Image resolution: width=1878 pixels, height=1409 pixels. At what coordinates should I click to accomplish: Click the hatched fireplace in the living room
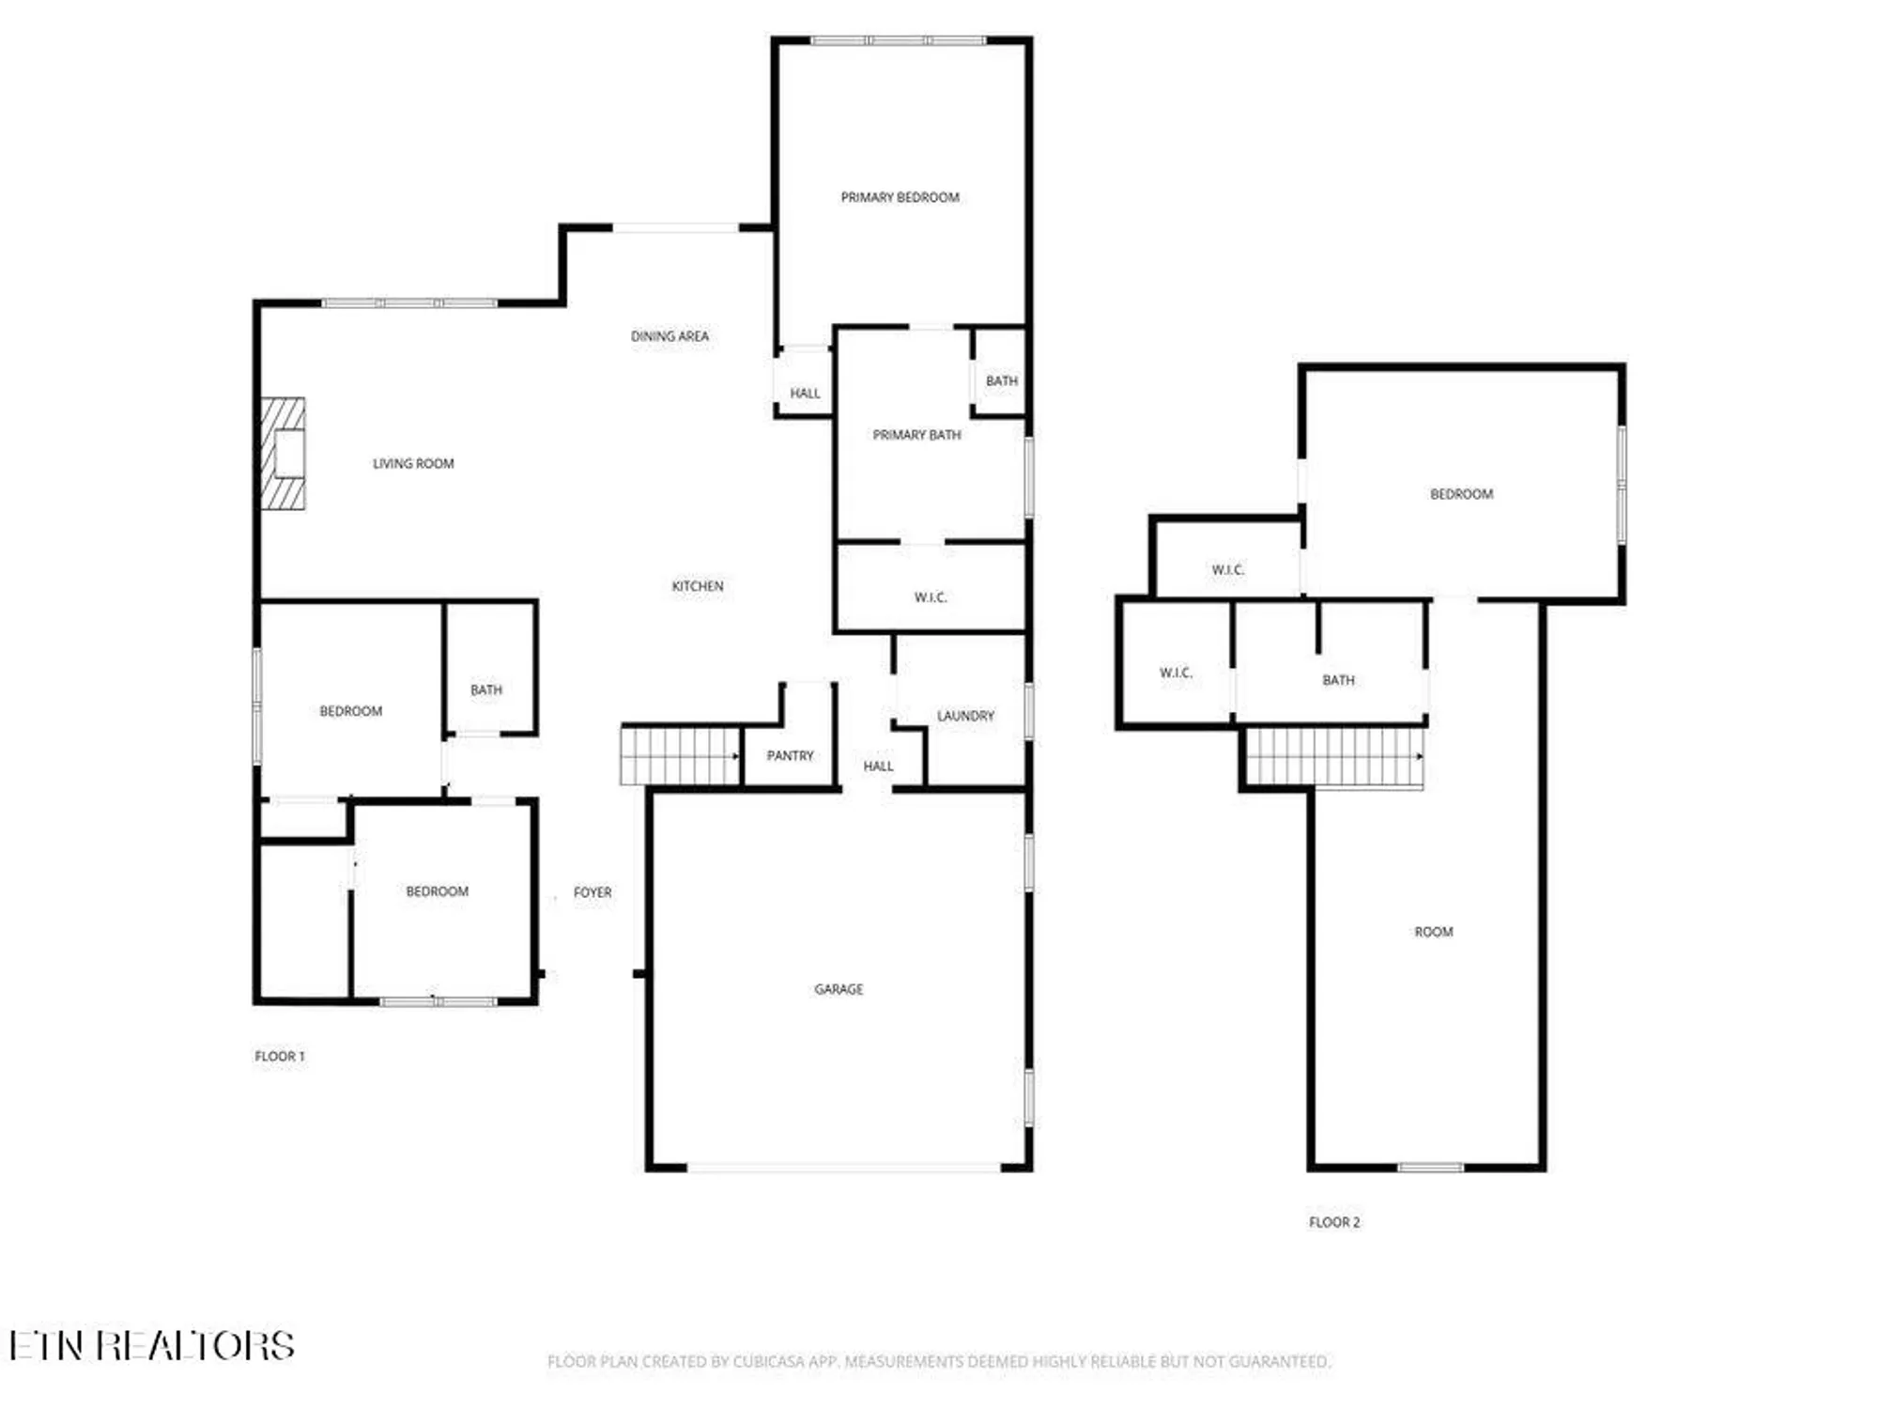(283, 454)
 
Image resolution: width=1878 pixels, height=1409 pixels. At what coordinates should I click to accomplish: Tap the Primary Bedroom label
(900, 197)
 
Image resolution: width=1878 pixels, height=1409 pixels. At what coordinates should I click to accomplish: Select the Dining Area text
(670, 336)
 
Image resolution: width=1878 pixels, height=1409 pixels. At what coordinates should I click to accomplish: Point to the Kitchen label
(698, 586)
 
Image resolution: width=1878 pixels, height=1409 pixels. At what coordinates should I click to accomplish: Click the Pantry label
(790, 755)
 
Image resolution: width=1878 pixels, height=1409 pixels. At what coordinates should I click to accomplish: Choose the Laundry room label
(965, 716)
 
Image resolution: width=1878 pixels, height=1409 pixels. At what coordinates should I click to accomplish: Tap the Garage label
(839, 989)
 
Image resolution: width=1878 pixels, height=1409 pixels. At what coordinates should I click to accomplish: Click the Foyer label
(593, 892)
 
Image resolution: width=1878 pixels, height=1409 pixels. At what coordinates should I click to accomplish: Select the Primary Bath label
(916, 435)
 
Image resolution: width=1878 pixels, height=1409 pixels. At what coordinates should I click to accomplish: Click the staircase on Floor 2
(1334, 757)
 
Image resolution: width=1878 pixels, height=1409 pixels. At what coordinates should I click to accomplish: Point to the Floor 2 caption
(1334, 1222)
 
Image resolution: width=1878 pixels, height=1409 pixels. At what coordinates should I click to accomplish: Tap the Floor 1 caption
(280, 1056)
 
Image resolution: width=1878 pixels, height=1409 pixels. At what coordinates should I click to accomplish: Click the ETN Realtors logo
(152, 1346)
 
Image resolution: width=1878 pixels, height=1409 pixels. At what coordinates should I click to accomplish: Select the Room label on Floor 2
(1433, 932)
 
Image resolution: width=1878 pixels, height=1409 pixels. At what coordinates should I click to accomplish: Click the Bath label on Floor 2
(1338, 680)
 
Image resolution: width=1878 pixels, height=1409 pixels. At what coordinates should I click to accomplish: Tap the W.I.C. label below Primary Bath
(931, 597)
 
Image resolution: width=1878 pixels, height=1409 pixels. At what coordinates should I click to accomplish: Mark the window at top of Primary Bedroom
(899, 40)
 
